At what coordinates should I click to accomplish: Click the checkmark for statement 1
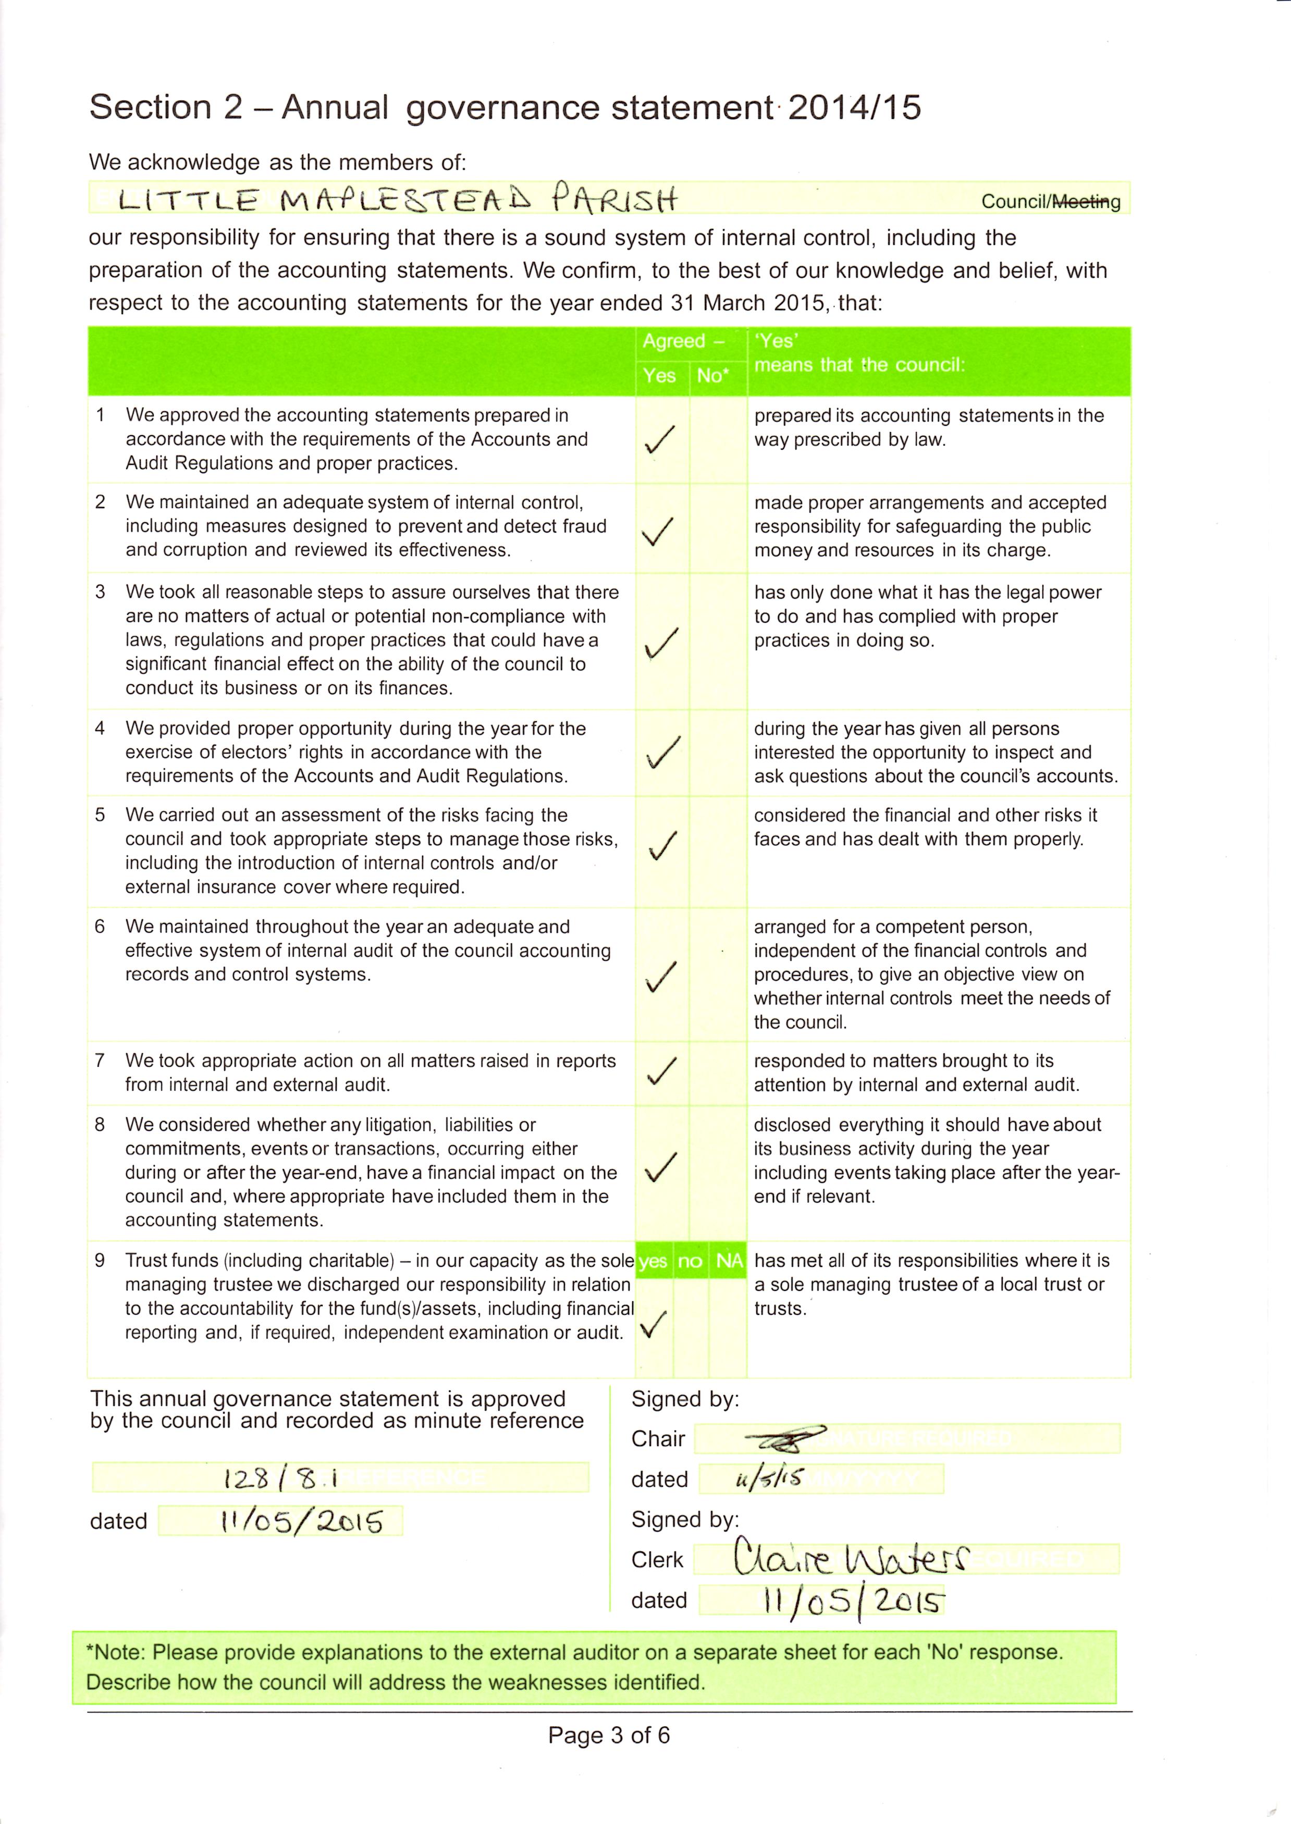click(660, 439)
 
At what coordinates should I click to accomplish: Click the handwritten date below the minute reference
click(302, 1521)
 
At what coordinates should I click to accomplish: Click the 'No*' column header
click(712, 376)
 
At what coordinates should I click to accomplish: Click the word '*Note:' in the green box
click(116, 1653)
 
